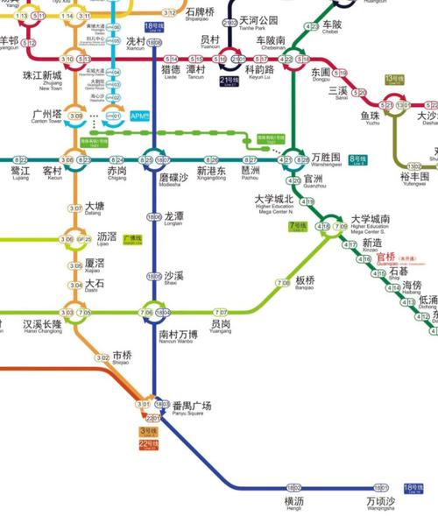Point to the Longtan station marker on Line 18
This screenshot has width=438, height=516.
coord(154,216)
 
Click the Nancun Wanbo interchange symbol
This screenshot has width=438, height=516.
coord(154,312)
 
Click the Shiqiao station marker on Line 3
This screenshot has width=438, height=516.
coord(102,357)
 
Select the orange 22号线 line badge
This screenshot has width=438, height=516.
coord(147,444)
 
